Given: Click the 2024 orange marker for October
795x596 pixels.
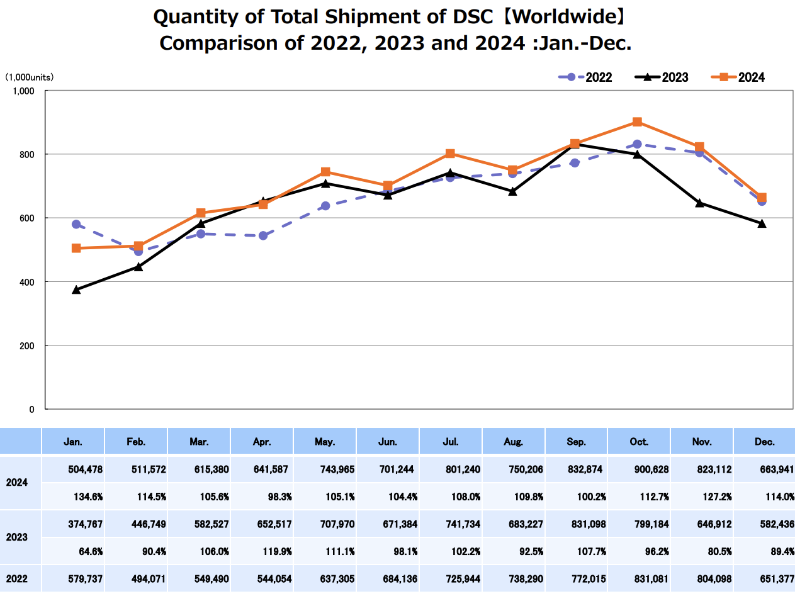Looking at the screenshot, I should tap(637, 122).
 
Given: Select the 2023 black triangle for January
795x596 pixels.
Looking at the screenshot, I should tap(76, 290).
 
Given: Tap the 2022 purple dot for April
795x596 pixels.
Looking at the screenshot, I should tap(263, 236).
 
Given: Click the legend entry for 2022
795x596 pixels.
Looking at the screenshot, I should tap(585, 77).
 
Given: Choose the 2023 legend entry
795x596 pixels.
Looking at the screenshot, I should tap(662, 77).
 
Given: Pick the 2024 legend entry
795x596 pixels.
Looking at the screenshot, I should tap(738, 77).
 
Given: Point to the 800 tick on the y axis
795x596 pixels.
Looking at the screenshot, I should tap(26, 154).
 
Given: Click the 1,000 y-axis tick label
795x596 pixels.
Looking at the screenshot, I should tap(23, 91).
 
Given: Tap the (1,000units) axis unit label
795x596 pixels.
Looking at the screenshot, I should tap(30, 77).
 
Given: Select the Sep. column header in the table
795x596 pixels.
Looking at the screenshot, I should tap(576, 442).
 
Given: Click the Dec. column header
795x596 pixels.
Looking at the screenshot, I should tap(765, 442).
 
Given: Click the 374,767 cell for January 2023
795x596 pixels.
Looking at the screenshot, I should tap(84, 524).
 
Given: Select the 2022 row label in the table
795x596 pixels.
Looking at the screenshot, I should tap(16, 578).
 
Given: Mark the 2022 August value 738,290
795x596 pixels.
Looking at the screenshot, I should tap(525, 578).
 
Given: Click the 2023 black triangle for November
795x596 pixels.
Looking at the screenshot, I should tap(699, 203).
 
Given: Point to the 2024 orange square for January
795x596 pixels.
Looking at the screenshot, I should tap(76, 249).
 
